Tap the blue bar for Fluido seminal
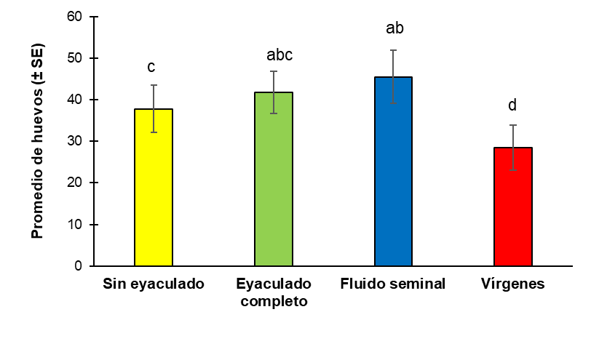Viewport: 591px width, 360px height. [393, 172]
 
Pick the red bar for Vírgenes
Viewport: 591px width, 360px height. [513, 207]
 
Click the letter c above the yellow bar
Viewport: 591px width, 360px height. [151, 68]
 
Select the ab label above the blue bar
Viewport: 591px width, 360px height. [394, 28]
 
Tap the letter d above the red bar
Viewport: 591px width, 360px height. [512, 105]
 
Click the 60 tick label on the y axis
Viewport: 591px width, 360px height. [75, 17]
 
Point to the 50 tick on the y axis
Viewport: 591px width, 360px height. [75, 58]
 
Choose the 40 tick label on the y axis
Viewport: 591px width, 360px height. [75, 100]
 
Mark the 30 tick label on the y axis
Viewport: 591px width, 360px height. [75, 141]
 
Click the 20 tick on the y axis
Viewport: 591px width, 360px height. [75, 183]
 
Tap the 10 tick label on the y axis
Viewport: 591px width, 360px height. [75, 224]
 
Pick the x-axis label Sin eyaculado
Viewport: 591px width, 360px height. [154, 284]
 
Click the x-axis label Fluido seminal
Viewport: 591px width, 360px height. [392, 284]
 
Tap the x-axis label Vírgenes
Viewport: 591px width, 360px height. [512, 284]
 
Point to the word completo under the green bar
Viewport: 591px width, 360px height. [274, 301]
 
